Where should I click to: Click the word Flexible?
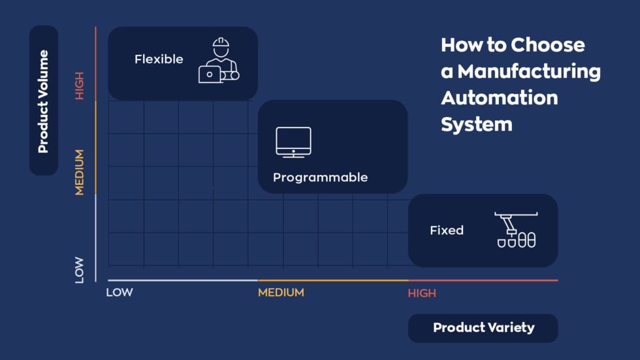(159, 59)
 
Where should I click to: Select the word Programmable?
(320, 178)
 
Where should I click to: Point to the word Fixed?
(447, 231)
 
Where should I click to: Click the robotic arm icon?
(516, 229)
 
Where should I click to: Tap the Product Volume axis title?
(44, 101)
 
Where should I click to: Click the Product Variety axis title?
(483, 328)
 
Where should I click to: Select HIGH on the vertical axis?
(80, 85)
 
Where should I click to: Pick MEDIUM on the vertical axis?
(80, 172)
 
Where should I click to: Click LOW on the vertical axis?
(80, 269)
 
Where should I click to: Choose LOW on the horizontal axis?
(120, 293)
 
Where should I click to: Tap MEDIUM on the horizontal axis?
(281, 293)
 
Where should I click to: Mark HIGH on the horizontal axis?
(422, 293)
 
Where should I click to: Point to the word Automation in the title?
(500, 98)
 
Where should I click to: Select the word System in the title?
(477, 124)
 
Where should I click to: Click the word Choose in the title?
(548, 45)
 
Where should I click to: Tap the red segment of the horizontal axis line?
(483, 280)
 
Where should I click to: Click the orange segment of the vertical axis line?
(96, 147)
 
